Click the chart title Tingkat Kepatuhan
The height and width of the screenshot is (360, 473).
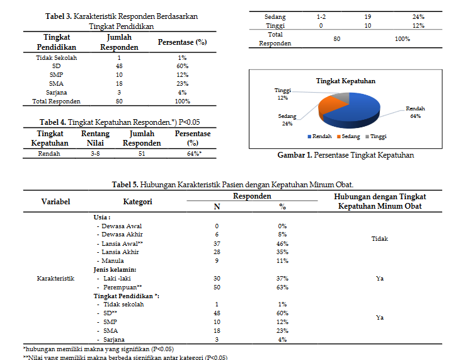pyautogui.click(x=345, y=81)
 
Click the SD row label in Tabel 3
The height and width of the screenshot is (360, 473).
pyautogui.click(x=57, y=66)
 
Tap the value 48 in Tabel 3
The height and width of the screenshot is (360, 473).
pyautogui.click(x=119, y=66)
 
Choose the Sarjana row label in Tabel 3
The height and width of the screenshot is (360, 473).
pyautogui.click(x=57, y=92)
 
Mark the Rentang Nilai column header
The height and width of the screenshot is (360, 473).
pyautogui.click(x=95, y=138)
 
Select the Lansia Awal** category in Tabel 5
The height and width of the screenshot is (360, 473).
pyautogui.click(x=122, y=243)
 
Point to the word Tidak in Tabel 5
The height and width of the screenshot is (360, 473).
pyautogui.click(x=380, y=239)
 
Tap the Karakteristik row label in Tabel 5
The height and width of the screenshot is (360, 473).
pyautogui.click(x=55, y=278)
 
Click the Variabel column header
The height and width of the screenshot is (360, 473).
pyautogui.click(x=55, y=202)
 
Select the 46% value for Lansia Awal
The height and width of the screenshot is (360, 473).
pyautogui.click(x=282, y=243)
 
